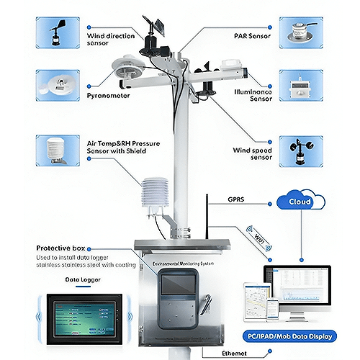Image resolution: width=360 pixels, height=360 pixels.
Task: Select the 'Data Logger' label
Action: click(81, 279)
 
